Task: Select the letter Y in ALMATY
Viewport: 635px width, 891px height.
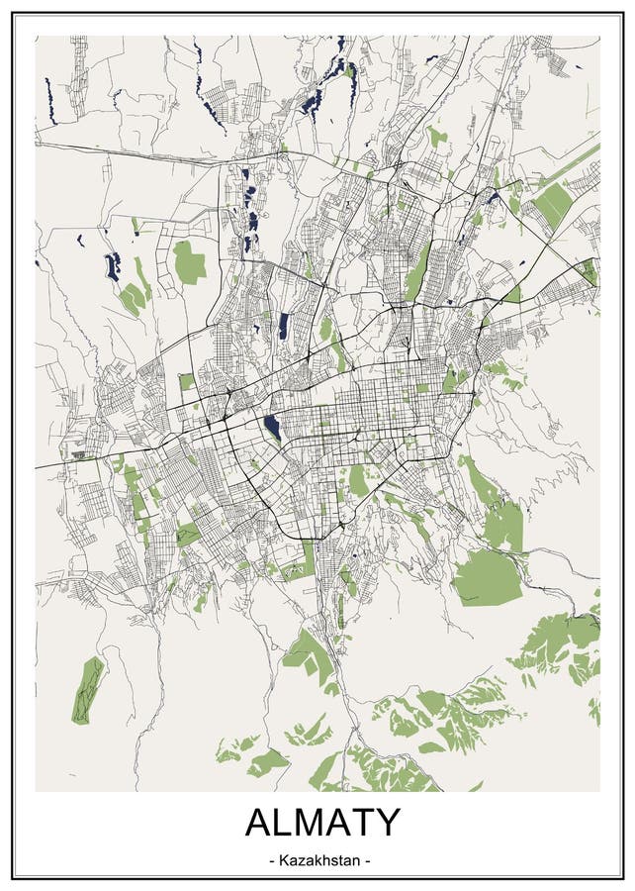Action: pos(387,824)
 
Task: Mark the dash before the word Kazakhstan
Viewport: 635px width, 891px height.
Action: pos(273,859)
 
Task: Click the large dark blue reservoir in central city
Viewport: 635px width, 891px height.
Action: pos(272,429)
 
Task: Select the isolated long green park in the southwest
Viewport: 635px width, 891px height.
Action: pos(89,689)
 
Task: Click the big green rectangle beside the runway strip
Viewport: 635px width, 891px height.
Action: pos(552,204)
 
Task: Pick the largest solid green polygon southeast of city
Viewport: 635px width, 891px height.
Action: pos(487,577)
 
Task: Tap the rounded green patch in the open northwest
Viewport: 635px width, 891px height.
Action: pos(188,262)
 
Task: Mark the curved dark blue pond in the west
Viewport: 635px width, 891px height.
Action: pos(112,266)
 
